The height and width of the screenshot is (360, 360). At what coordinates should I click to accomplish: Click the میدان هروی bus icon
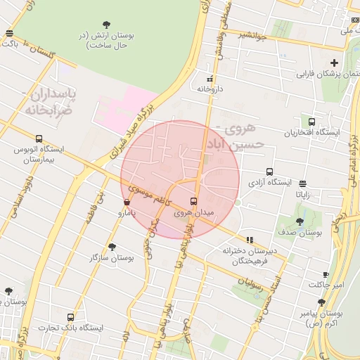(x=194, y=201)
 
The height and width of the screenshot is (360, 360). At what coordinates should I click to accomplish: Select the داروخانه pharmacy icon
(x=210, y=79)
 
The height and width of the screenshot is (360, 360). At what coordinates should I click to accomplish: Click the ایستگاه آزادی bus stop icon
(x=269, y=172)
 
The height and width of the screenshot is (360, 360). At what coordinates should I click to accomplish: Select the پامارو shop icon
(x=126, y=202)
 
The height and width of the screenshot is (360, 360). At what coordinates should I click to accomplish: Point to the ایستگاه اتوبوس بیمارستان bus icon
(x=39, y=139)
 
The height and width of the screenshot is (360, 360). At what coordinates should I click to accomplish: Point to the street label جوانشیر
(x=250, y=35)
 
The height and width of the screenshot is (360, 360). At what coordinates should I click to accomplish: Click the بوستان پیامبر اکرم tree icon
(x=321, y=302)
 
